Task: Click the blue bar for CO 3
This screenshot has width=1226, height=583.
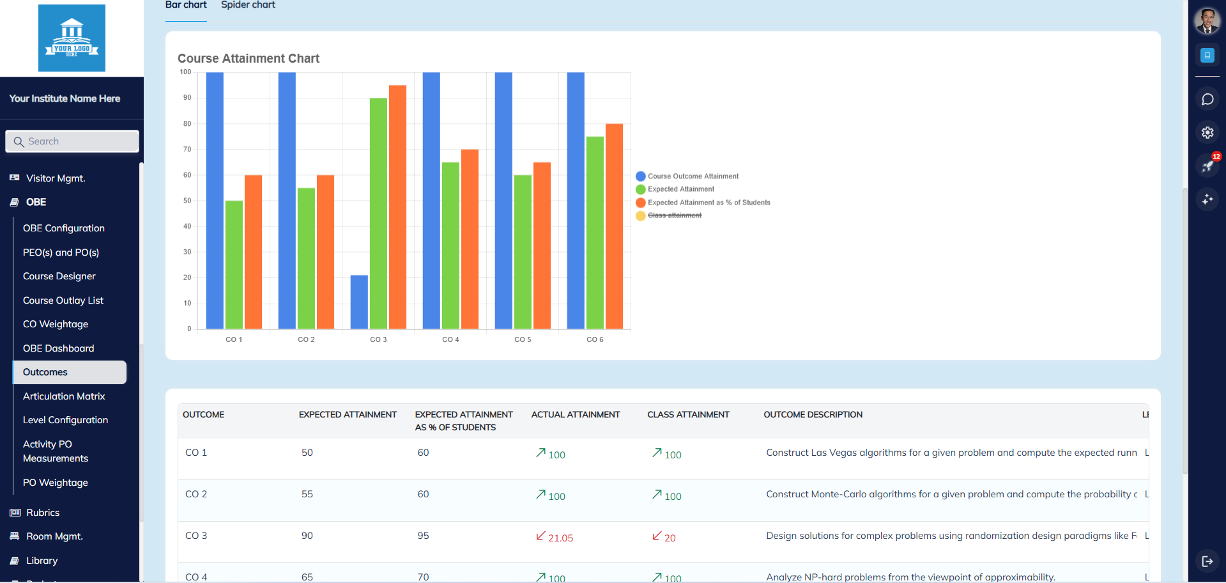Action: [359, 302]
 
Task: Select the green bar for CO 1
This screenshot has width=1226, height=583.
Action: [234, 265]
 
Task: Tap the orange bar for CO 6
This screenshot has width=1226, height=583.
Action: [614, 226]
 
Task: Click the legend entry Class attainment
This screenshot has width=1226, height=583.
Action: [674, 215]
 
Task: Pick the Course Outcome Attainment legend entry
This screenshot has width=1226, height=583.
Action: [693, 176]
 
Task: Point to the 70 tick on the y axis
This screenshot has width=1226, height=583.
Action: [187, 150]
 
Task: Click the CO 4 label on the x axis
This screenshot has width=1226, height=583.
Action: [450, 339]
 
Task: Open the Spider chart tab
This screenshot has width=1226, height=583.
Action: [248, 5]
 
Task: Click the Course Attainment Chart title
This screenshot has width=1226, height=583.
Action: [249, 59]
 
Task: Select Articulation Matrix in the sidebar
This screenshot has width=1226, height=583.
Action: [64, 396]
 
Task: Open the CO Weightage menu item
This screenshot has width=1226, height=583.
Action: [56, 324]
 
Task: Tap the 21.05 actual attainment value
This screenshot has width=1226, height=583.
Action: [560, 538]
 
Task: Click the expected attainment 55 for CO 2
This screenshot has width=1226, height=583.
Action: [307, 494]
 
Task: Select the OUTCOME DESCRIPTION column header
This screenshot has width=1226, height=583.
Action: [813, 415]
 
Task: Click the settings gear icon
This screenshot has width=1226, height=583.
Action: [1207, 132]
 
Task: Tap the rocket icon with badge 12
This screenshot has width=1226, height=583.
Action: [1207, 166]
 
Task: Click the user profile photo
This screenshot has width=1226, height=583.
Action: [1207, 21]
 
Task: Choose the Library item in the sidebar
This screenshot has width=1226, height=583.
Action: [42, 561]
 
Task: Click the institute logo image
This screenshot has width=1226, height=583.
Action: [72, 38]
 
